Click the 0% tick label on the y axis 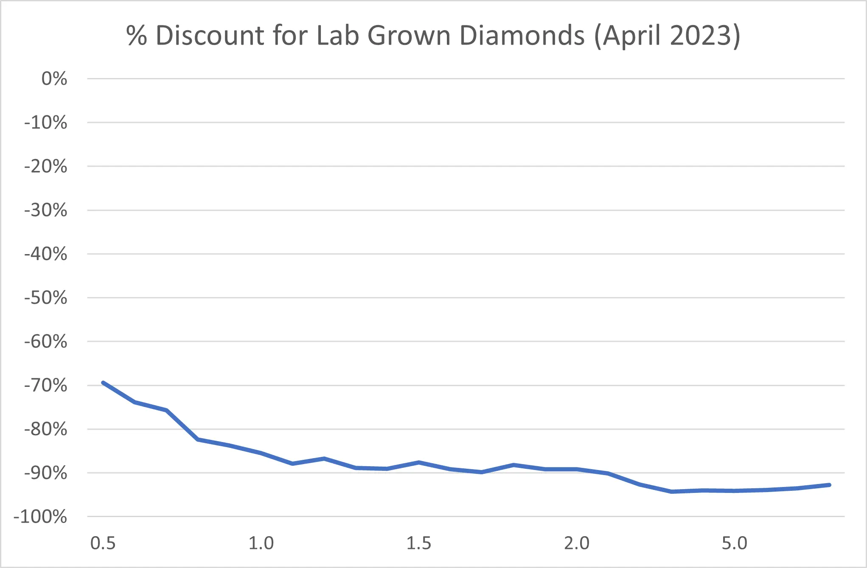54,79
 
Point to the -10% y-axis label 46,123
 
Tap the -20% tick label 46,166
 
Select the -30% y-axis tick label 46,210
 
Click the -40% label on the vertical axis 46,254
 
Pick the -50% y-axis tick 46,298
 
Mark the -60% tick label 46,341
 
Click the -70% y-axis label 46,386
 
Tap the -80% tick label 46,429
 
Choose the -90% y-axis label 46,473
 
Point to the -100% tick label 41,517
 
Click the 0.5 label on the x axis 103,543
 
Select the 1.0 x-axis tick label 261,543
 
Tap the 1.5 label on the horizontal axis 419,543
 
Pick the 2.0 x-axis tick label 577,543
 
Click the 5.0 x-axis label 735,543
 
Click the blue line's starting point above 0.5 103,383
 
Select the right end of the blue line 829,485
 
